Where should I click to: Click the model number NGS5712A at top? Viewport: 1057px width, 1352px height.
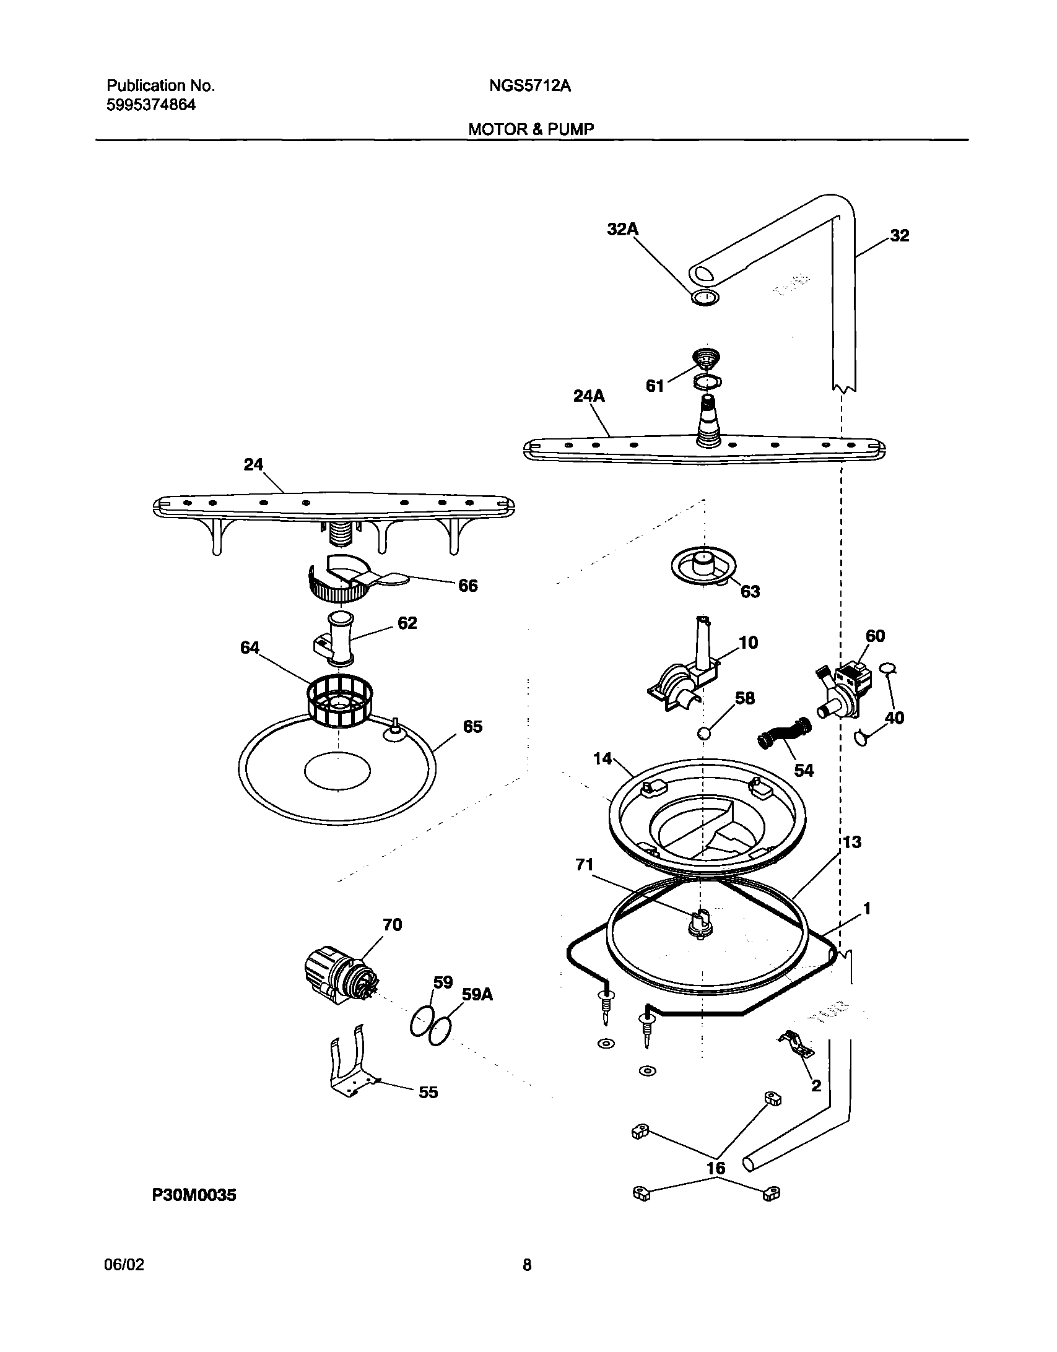pyautogui.click(x=529, y=86)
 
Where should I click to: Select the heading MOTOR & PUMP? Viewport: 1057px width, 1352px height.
pyautogui.click(x=531, y=129)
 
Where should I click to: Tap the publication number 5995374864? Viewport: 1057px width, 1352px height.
pyautogui.click(x=151, y=105)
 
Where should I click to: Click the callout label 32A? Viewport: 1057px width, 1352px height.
pyautogui.click(x=622, y=230)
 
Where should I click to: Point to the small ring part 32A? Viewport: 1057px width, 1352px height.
pyautogui.click(x=705, y=298)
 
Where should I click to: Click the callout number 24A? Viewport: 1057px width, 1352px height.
pyautogui.click(x=588, y=396)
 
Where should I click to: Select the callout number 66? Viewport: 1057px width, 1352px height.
pyautogui.click(x=468, y=586)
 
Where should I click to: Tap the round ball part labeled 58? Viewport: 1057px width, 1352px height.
pyautogui.click(x=703, y=734)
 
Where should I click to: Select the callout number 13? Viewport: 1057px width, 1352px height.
pyautogui.click(x=851, y=842)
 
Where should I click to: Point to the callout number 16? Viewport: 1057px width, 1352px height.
pyautogui.click(x=716, y=1168)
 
